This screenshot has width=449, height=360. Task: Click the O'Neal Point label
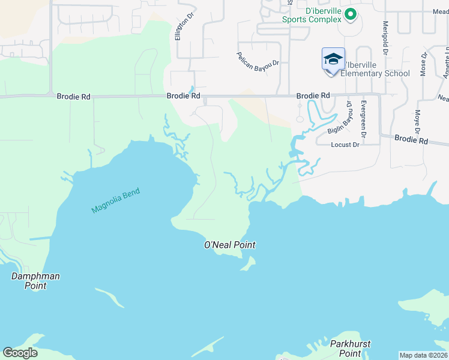[230, 245]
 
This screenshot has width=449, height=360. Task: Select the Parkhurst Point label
[350, 349]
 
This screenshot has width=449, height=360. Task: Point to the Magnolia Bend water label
[115, 200]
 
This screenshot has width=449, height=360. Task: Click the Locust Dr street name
[345, 145]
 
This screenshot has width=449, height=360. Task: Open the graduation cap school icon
[333, 59]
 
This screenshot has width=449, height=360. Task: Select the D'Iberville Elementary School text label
[375, 69]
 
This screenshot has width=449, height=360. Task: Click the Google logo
[20, 353]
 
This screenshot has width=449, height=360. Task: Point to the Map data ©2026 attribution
[423, 355]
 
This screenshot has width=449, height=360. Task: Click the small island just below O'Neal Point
[249, 263]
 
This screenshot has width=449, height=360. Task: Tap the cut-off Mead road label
[440, 11]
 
